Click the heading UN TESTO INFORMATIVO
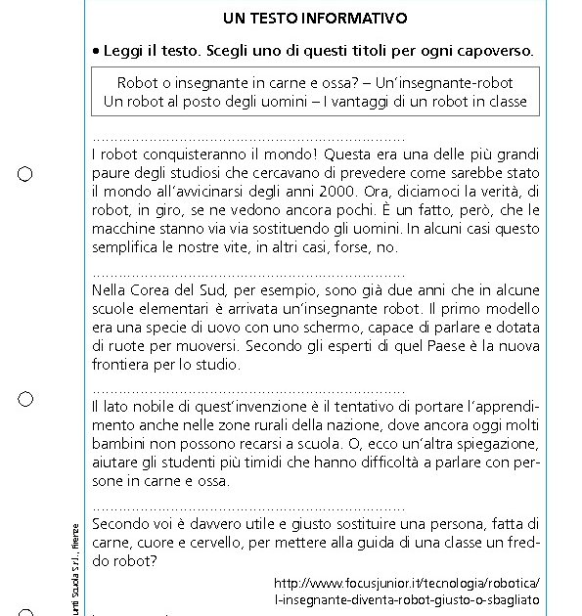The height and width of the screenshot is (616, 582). [x=314, y=19]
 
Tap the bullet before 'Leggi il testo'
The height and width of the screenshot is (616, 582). [x=96, y=50]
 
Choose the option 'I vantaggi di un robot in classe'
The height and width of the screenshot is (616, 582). [x=432, y=101]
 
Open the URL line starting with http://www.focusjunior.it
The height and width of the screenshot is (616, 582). [x=407, y=583]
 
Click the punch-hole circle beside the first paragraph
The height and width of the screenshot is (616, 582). [x=25, y=174]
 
